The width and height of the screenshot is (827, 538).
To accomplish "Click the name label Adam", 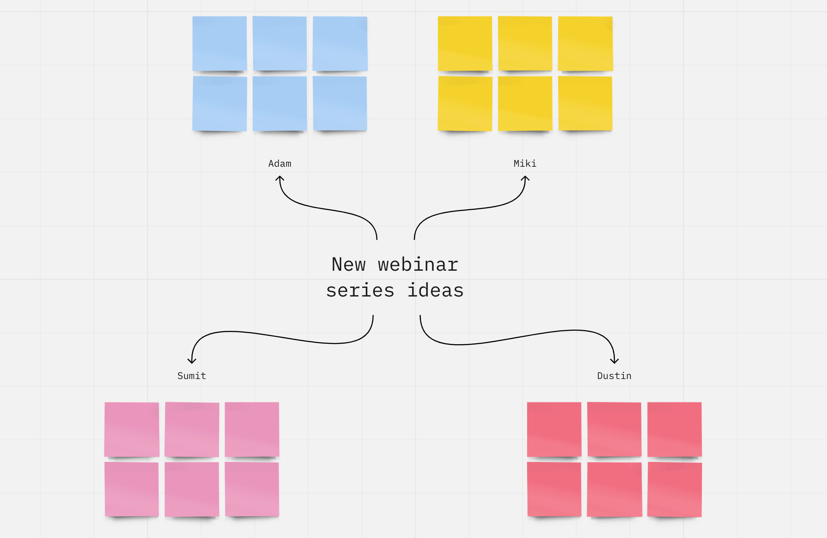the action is pyautogui.click(x=280, y=164).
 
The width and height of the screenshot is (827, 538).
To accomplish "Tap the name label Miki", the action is pyautogui.click(x=525, y=164).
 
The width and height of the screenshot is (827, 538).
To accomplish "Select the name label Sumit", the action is pyautogui.click(x=191, y=376).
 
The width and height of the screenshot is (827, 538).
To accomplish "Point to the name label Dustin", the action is pyautogui.click(x=614, y=376).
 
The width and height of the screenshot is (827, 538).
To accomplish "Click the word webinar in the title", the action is pyautogui.click(x=418, y=265).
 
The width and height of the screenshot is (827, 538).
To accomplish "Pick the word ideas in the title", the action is pyautogui.click(x=435, y=290).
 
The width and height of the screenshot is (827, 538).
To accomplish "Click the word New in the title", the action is pyautogui.click(x=349, y=265).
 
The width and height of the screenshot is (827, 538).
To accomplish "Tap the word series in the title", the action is pyautogui.click(x=360, y=290).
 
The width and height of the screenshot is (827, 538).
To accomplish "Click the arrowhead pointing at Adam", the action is pyautogui.click(x=280, y=177).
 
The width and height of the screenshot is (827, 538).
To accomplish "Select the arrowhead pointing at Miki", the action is pyautogui.click(x=525, y=177).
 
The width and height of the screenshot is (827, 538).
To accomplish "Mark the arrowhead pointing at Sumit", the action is pyautogui.click(x=192, y=361).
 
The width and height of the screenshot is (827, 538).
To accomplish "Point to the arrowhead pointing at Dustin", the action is pyautogui.click(x=614, y=361).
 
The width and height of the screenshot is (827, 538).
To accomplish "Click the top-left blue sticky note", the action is pyautogui.click(x=219, y=43).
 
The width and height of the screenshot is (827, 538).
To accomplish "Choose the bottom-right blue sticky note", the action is pyautogui.click(x=340, y=104).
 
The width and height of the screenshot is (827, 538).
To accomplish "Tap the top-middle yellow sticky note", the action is pyautogui.click(x=525, y=43).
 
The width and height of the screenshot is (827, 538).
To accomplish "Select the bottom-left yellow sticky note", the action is pyautogui.click(x=465, y=104).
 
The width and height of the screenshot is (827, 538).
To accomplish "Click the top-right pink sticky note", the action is pyautogui.click(x=252, y=429).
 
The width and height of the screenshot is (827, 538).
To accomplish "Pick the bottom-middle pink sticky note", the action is pyautogui.click(x=192, y=489).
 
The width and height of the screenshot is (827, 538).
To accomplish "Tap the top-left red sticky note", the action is pyautogui.click(x=554, y=429).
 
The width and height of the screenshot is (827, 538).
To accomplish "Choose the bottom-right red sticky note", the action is pyautogui.click(x=675, y=489).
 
